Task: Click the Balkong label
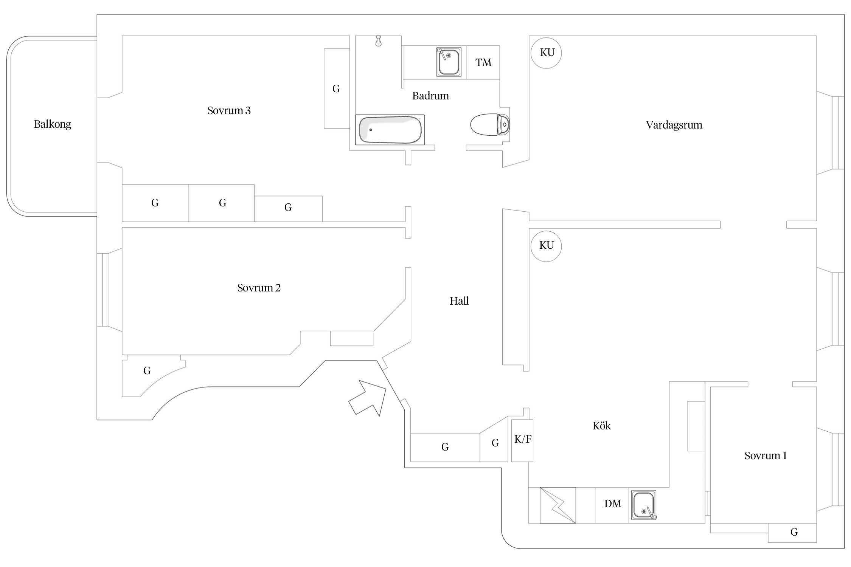pyautogui.click(x=53, y=124)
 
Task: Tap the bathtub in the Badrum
pyautogui.click(x=390, y=130)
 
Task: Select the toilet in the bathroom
pyautogui.click(x=489, y=124)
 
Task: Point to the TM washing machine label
pyautogui.click(x=483, y=63)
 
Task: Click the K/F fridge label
pyautogui.click(x=523, y=439)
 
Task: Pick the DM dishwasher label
pyautogui.click(x=612, y=504)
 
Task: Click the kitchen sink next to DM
pyautogui.click(x=644, y=505)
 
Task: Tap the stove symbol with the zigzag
pyautogui.click(x=557, y=505)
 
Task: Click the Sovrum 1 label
pyautogui.click(x=765, y=456)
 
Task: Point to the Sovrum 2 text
pyautogui.click(x=259, y=288)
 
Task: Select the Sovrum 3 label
pyautogui.click(x=229, y=111)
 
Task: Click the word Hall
pyautogui.click(x=459, y=301)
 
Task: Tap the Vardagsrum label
pyautogui.click(x=674, y=125)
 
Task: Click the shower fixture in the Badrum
pyautogui.click(x=378, y=41)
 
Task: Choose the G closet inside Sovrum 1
pyautogui.click(x=794, y=532)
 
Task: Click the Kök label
pyautogui.click(x=601, y=426)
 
